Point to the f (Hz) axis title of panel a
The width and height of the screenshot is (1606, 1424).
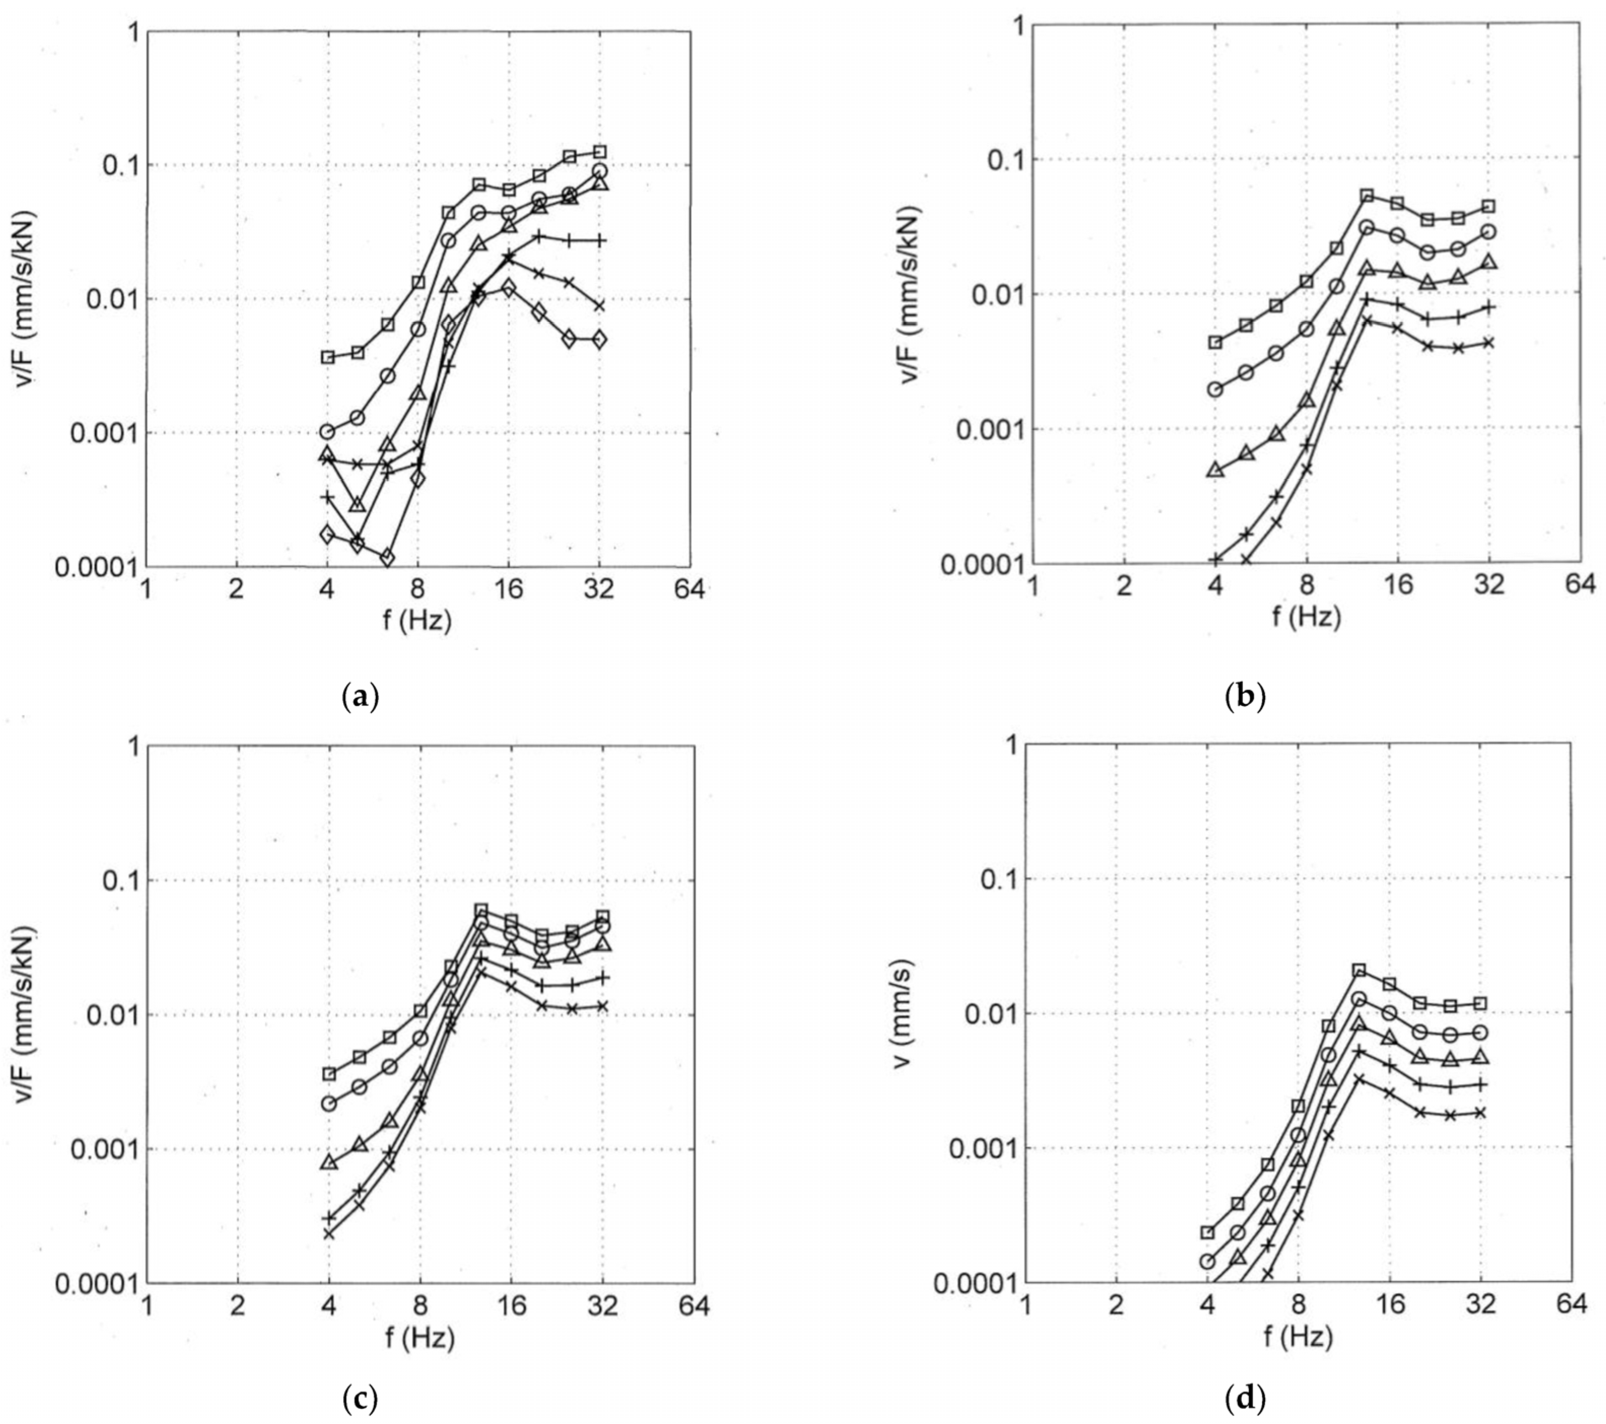[x=417, y=621]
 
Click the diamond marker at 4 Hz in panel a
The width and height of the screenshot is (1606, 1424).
[x=327, y=535]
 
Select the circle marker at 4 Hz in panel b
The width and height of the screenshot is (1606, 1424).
[x=1215, y=389]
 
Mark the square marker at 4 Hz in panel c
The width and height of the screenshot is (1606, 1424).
[x=329, y=1074]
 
